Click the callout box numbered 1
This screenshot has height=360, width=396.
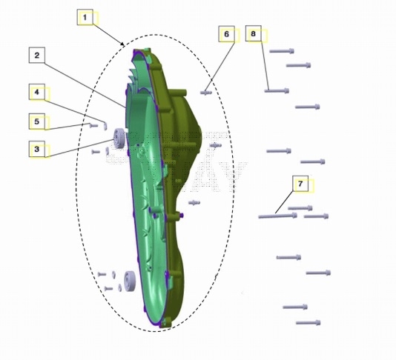click(x=85, y=17)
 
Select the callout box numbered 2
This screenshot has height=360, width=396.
click(x=37, y=55)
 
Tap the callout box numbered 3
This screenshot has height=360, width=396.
click(x=37, y=149)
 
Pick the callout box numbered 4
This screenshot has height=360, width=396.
click(x=37, y=92)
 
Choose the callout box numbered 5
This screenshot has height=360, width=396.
click(x=37, y=121)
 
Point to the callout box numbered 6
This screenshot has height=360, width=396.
click(x=226, y=34)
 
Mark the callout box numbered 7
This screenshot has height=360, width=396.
click(x=300, y=184)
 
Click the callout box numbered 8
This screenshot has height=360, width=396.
click(x=254, y=33)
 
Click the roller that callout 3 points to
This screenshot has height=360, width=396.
click(x=119, y=139)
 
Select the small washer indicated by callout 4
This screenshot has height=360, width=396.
click(x=105, y=126)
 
